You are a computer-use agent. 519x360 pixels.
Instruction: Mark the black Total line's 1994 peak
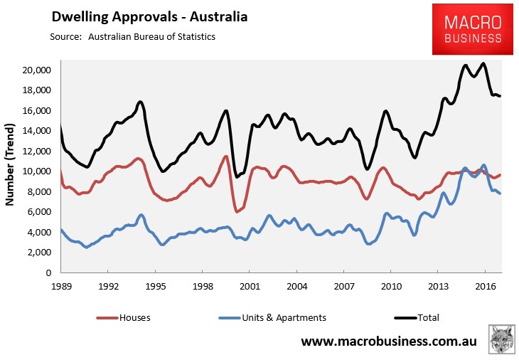140,102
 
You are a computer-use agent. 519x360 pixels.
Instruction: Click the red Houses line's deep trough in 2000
236,211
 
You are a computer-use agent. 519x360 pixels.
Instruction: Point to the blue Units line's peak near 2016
483,165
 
